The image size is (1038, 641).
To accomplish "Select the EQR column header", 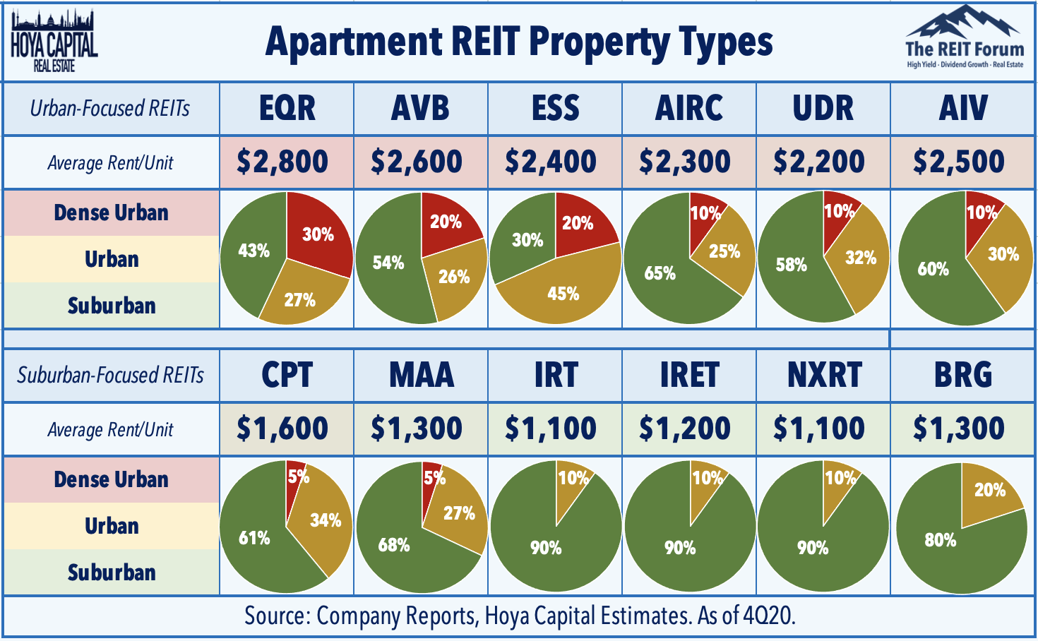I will pyautogui.click(x=287, y=109).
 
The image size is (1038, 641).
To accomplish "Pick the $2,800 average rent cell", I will pyautogui.click(x=282, y=162).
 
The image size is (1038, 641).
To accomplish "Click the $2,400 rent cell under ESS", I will pyautogui.click(x=551, y=162).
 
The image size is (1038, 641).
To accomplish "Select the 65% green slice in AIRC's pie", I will pyautogui.click(x=660, y=274).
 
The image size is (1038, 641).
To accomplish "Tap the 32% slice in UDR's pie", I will pyautogui.click(x=860, y=258).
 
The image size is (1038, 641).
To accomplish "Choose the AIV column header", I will pyautogui.click(x=963, y=109).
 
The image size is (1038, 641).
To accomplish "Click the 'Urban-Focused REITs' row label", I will pyautogui.click(x=110, y=109).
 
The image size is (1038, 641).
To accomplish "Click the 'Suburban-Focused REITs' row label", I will pyautogui.click(x=110, y=375).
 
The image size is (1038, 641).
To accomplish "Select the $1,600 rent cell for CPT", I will pyautogui.click(x=282, y=429).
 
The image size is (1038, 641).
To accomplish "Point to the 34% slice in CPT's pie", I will pyautogui.click(x=324, y=521).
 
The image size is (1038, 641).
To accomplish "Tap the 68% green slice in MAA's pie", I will pyautogui.click(x=394, y=545).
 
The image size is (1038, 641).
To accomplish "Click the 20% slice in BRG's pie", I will pyautogui.click(x=989, y=491).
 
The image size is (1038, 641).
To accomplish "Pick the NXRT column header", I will pyautogui.click(x=824, y=375).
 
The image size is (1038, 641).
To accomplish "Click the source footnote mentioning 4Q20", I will pyautogui.click(x=520, y=616).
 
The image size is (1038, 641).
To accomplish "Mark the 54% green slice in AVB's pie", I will pyautogui.click(x=388, y=263).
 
